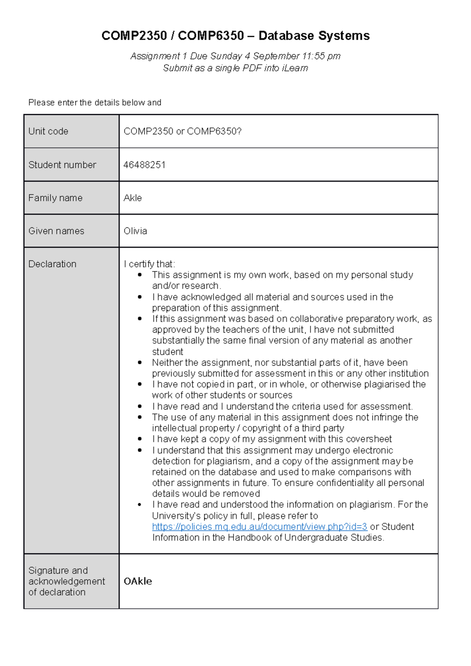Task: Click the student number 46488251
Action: [x=144, y=165]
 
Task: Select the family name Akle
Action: [x=133, y=198]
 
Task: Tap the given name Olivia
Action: [x=135, y=231]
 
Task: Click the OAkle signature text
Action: [x=138, y=581]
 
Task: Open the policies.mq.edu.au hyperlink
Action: [x=259, y=527]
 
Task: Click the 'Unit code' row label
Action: [x=48, y=131]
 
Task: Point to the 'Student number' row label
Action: [x=62, y=165]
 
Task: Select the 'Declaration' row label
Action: [x=52, y=264]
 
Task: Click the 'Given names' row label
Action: [x=56, y=231]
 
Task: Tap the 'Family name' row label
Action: [x=55, y=198]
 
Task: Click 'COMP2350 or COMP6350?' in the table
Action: [x=183, y=131]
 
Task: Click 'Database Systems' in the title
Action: [x=314, y=36]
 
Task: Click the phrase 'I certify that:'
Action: [x=149, y=264]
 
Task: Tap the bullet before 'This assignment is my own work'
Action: [x=140, y=275]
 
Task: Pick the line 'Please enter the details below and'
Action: [x=95, y=103]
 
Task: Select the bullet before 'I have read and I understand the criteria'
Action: [x=140, y=407]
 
